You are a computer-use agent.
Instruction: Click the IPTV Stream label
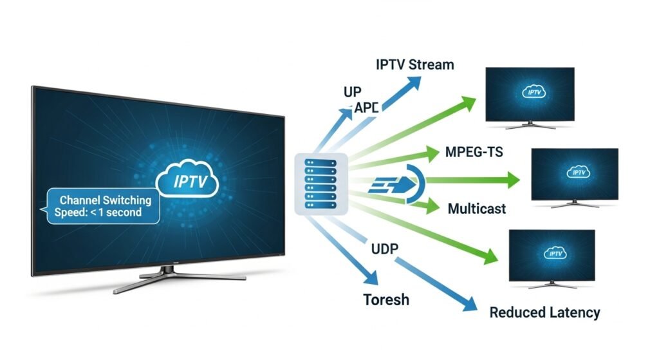414,64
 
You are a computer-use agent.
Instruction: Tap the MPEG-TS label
474,153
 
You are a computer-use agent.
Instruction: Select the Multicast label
476,209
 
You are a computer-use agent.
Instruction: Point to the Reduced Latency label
544,313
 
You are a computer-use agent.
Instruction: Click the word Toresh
385,300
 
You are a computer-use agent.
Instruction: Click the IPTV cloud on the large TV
191,182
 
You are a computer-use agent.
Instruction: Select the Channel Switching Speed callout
103,206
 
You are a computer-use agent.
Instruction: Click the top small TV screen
530,94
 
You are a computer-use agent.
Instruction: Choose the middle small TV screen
574,174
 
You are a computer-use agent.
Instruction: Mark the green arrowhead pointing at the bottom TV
490,257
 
